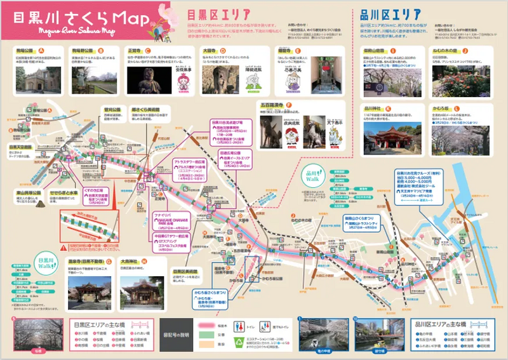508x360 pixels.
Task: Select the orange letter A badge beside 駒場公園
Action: click(x=43, y=50)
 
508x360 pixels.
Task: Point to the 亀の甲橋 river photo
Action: click(x=324, y=335)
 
